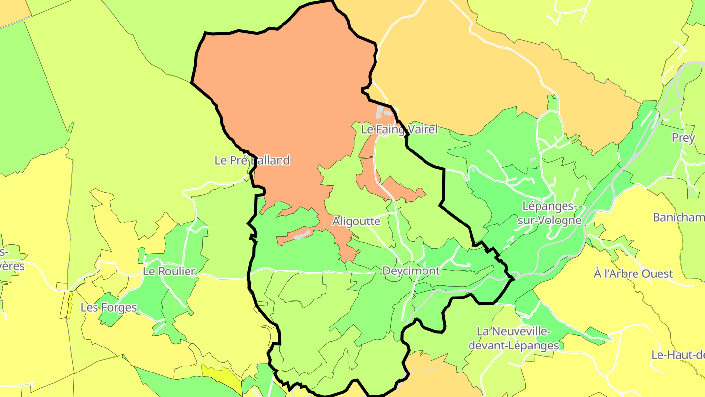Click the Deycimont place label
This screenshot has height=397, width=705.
point(411,271)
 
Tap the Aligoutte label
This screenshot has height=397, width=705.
point(356,221)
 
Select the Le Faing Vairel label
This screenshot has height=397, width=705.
point(399,130)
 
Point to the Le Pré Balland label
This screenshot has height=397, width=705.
point(252,160)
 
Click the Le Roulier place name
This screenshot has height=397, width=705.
point(169,272)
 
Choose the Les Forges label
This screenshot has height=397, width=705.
point(108,308)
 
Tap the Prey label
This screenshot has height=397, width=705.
point(683,138)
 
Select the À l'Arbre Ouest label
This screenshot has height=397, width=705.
point(633,274)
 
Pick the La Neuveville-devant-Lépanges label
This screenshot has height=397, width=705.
point(514,339)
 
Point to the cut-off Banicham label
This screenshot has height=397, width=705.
point(679,217)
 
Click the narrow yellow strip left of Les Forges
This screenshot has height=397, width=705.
point(70,305)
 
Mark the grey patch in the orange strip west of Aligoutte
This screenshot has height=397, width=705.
point(302,235)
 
